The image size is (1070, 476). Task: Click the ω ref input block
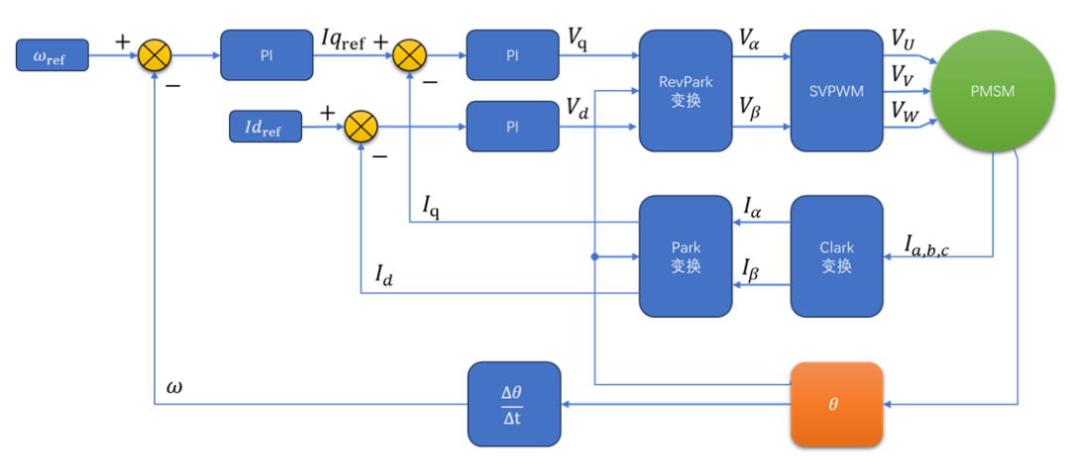53,55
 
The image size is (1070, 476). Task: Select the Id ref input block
266,127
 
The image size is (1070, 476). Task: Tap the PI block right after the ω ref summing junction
267,55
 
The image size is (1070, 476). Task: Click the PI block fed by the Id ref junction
512,127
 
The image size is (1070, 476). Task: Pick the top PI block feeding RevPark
512,55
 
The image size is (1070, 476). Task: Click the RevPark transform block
686,91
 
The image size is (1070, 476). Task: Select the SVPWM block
836,91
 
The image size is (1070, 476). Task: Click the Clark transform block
836,256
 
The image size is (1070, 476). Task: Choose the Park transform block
686,256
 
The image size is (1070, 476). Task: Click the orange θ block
836,404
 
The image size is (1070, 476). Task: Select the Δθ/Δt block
513,404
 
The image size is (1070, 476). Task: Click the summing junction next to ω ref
154,55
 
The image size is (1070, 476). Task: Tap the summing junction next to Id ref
361,127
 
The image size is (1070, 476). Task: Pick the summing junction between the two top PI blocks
409,55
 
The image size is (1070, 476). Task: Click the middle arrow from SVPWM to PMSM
907,92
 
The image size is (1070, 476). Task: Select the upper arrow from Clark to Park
761,223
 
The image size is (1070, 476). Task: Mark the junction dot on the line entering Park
594,256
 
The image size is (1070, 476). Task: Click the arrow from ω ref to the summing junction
113,55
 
